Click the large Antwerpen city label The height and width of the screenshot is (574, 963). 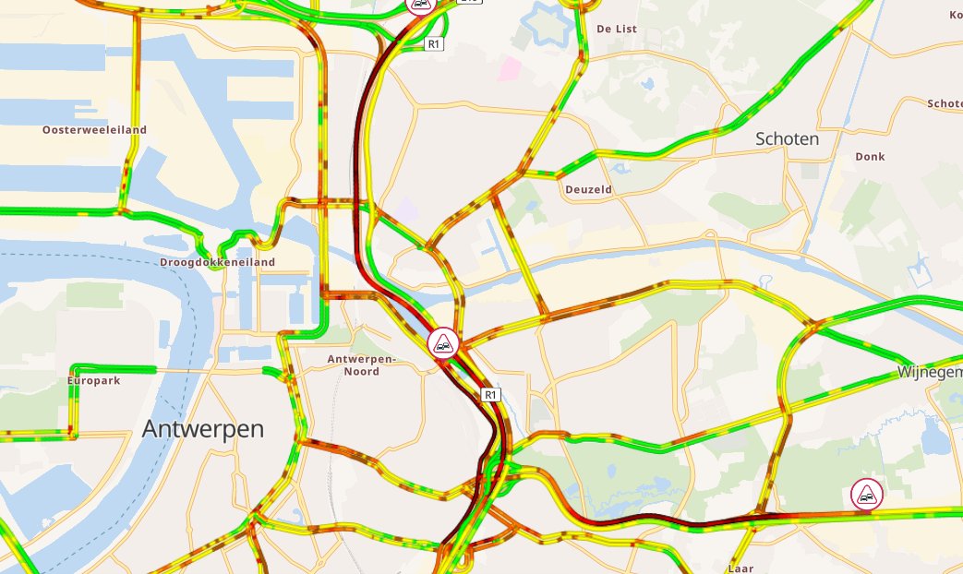(x=203, y=429)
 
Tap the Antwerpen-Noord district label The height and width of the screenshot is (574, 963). (x=361, y=365)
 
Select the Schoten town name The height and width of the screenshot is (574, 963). (x=787, y=138)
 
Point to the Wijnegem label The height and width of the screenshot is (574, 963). (x=929, y=372)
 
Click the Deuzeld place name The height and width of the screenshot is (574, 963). (x=588, y=189)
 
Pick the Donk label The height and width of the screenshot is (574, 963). (x=870, y=157)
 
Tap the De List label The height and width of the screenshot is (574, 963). (x=618, y=29)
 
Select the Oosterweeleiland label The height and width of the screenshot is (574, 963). (x=94, y=130)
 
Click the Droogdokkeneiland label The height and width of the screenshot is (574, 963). (x=217, y=262)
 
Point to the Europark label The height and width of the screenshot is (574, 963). (x=94, y=380)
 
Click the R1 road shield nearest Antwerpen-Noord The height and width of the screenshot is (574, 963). (x=491, y=395)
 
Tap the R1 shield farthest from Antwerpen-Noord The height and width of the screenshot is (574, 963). (x=434, y=43)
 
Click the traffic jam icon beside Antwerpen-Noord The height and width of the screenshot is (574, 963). (x=444, y=342)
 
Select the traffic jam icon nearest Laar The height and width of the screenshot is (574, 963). (x=866, y=495)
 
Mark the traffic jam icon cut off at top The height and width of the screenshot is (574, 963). (x=421, y=6)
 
